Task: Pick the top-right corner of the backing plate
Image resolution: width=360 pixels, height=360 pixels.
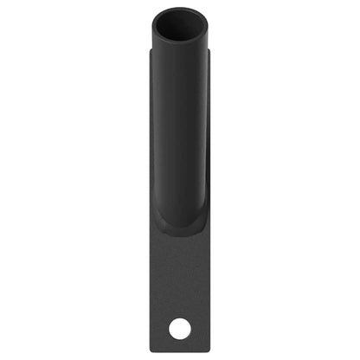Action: pyautogui.click(x=210, y=50)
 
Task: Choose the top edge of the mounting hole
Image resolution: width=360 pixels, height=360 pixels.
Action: pyautogui.click(x=180, y=319)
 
